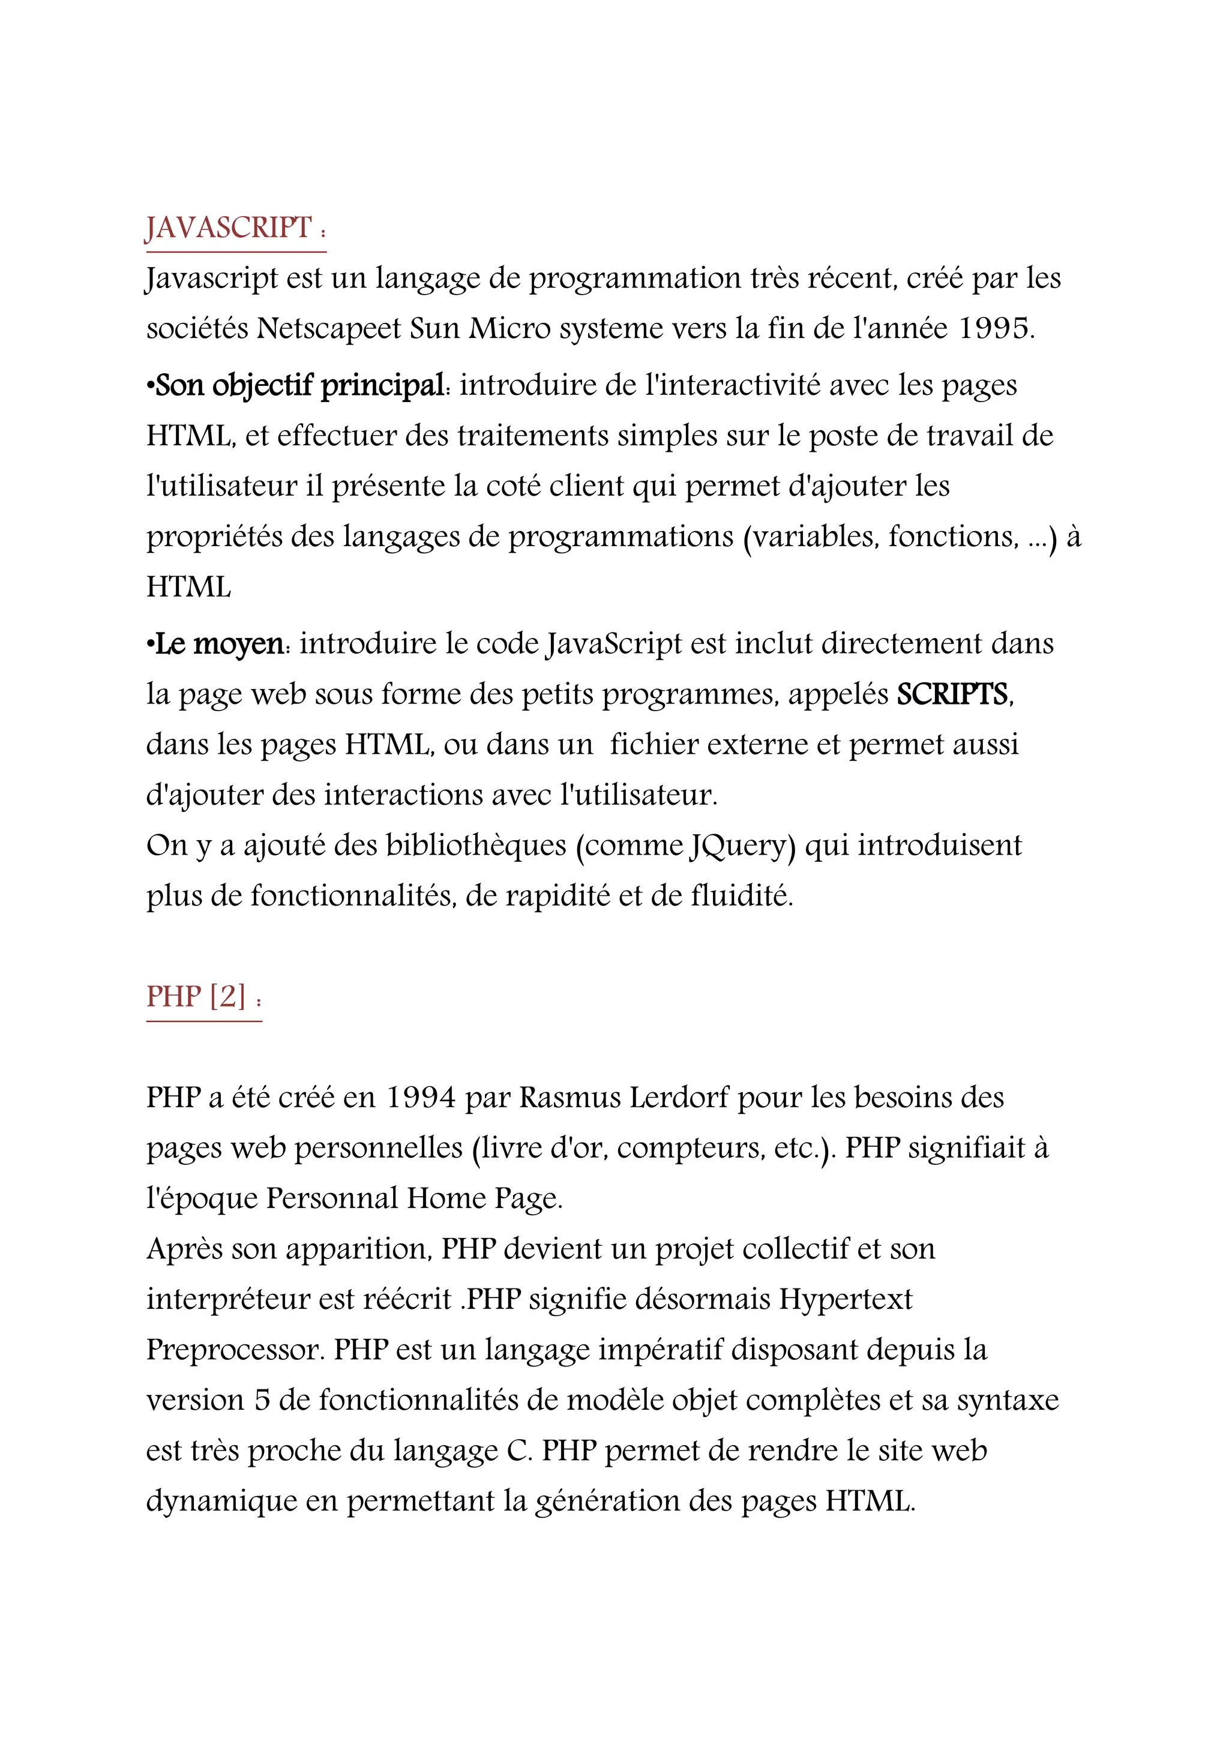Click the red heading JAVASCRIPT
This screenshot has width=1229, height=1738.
click(228, 228)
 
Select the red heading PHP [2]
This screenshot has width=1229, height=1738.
click(197, 997)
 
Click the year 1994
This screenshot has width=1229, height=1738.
click(421, 1098)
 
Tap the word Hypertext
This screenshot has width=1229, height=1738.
click(846, 1299)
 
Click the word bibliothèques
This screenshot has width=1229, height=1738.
click(476, 846)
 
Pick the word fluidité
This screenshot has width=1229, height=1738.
click(742, 896)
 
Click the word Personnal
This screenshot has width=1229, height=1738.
click(332, 1198)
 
